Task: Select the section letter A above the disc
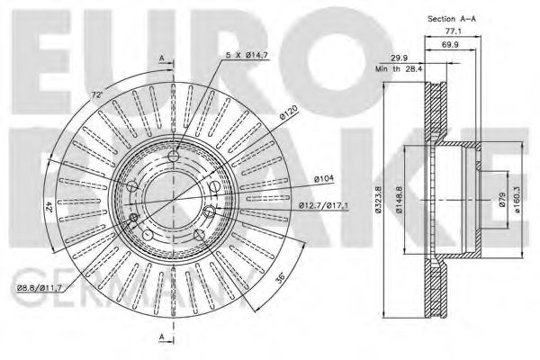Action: [161, 58]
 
